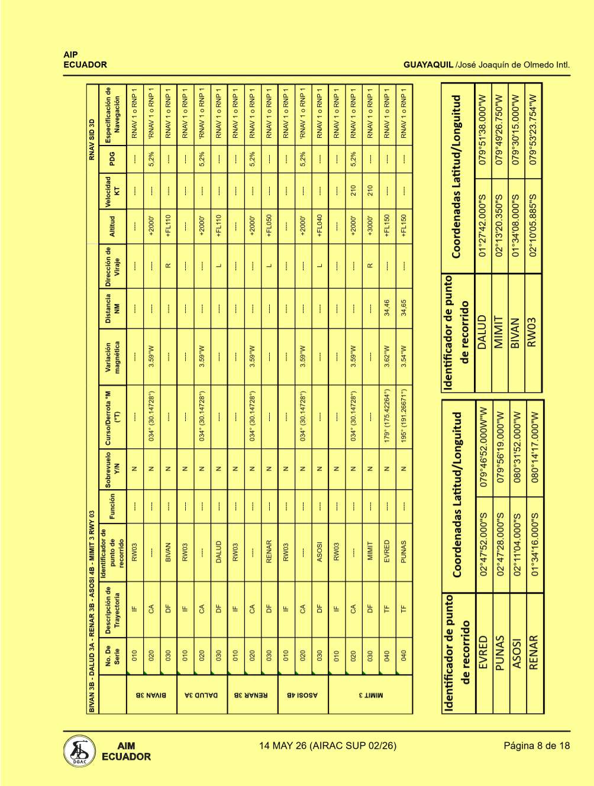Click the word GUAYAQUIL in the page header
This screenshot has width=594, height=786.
pos(428,65)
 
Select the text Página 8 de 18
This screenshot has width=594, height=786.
pos(537,746)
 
